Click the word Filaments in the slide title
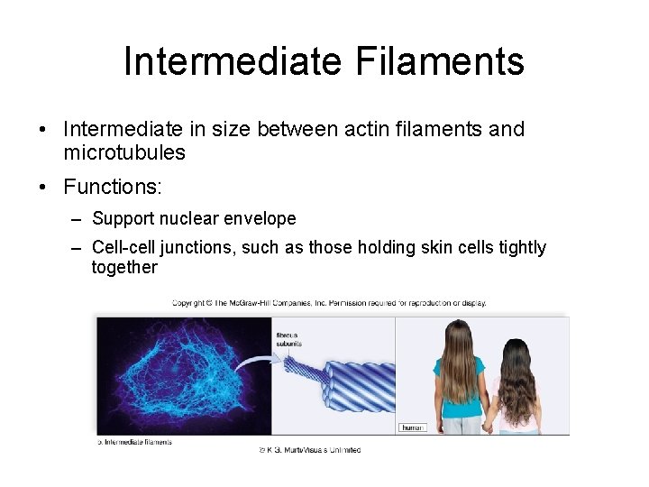(440, 61)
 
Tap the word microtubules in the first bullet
(124, 152)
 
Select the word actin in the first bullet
(367, 129)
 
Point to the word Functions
(113, 187)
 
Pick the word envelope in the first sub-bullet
(261, 218)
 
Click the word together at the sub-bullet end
(124, 267)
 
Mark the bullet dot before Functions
(44, 188)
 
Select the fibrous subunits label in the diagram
(288, 339)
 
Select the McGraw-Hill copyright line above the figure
(329, 303)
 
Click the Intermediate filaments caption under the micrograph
(135, 442)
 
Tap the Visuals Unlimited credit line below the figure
(310, 449)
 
